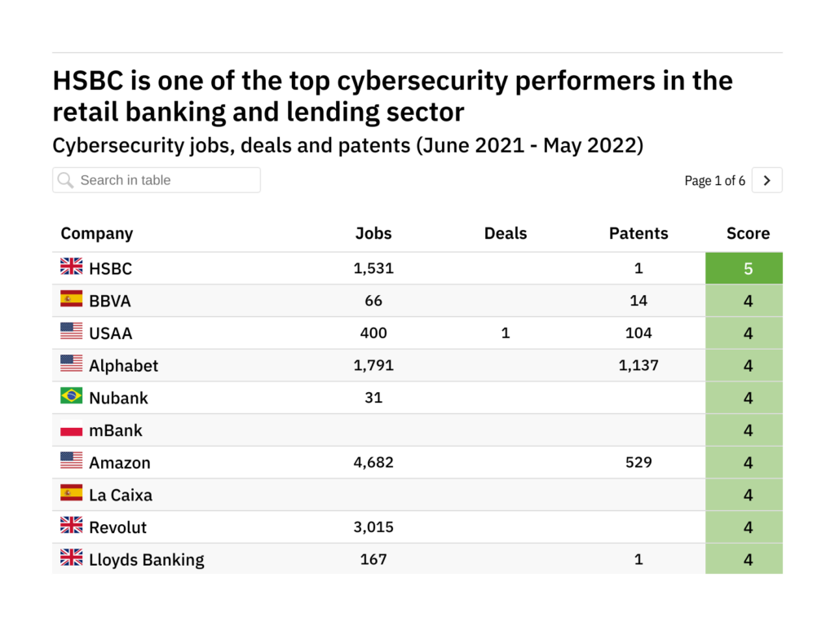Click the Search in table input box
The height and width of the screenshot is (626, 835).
click(157, 180)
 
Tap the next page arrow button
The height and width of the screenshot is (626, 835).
click(767, 180)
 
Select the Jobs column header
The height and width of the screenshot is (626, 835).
click(373, 233)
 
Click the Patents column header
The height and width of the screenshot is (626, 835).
click(638, 233)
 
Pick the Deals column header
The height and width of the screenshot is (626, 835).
click(506, 233)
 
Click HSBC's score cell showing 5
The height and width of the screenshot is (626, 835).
click(748, 268)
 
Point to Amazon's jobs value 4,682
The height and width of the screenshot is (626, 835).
click(373, 462)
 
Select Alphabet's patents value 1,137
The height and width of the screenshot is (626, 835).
click(638, 365)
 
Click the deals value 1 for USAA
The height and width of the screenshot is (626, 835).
click(506, 333)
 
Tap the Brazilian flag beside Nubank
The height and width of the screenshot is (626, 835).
click(72, 396)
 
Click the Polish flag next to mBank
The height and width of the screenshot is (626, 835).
click(72, 429)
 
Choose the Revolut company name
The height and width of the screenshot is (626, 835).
click(118, 527)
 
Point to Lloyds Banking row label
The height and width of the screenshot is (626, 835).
click(147, 560)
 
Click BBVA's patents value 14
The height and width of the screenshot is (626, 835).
click(638, 301)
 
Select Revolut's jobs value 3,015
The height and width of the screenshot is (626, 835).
click(373, 527)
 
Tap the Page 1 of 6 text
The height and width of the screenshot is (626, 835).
click(714, 181)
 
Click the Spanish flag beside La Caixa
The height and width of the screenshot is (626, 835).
click(72, 493)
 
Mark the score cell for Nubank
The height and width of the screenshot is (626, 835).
click(748, 398)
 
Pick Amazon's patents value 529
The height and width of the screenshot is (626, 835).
click(638, 462)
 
